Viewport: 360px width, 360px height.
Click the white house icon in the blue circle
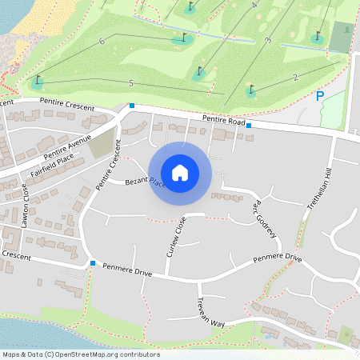(x=180, y=172)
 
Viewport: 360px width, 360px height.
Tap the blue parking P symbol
(x=320, y=96)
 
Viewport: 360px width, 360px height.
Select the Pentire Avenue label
(x=68, y=146)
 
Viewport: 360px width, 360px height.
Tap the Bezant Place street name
(x=145, y=184)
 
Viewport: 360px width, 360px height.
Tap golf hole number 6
(x=102, y=41)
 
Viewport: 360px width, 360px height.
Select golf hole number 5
(x=130, y=82)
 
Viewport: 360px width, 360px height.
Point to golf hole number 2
(x=295, y=77)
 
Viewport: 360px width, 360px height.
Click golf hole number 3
(x=267, y=40)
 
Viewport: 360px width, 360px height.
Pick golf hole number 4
(x=254, y=6)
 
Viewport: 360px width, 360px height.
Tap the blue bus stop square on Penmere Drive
(x=93, y=263)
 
